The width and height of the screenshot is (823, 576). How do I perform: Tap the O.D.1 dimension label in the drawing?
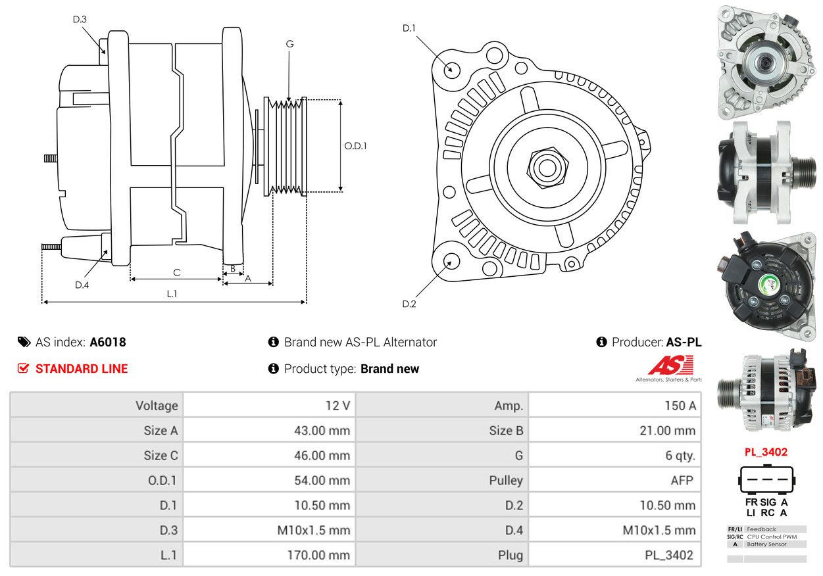[x=355, y=146]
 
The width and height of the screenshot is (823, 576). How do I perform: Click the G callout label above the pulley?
[x=289, y=44]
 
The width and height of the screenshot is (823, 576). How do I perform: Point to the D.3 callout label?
[x=80, y=19]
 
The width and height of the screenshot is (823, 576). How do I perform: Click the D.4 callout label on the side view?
[x=82, y=285]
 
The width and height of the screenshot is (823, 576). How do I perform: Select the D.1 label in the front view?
[x=409, y=28]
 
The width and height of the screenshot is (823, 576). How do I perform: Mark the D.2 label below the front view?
[x=409, y=304]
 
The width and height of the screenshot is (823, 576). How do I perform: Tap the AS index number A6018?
[x=108, y=342]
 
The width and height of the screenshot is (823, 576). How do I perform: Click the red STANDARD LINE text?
[x=82, y=369]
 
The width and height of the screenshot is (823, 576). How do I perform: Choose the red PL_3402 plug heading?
[x=766, y=452]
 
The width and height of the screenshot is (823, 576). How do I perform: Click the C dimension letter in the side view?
[x=176, y=272]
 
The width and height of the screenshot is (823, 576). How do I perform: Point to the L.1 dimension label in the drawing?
[x=172, y=294]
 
